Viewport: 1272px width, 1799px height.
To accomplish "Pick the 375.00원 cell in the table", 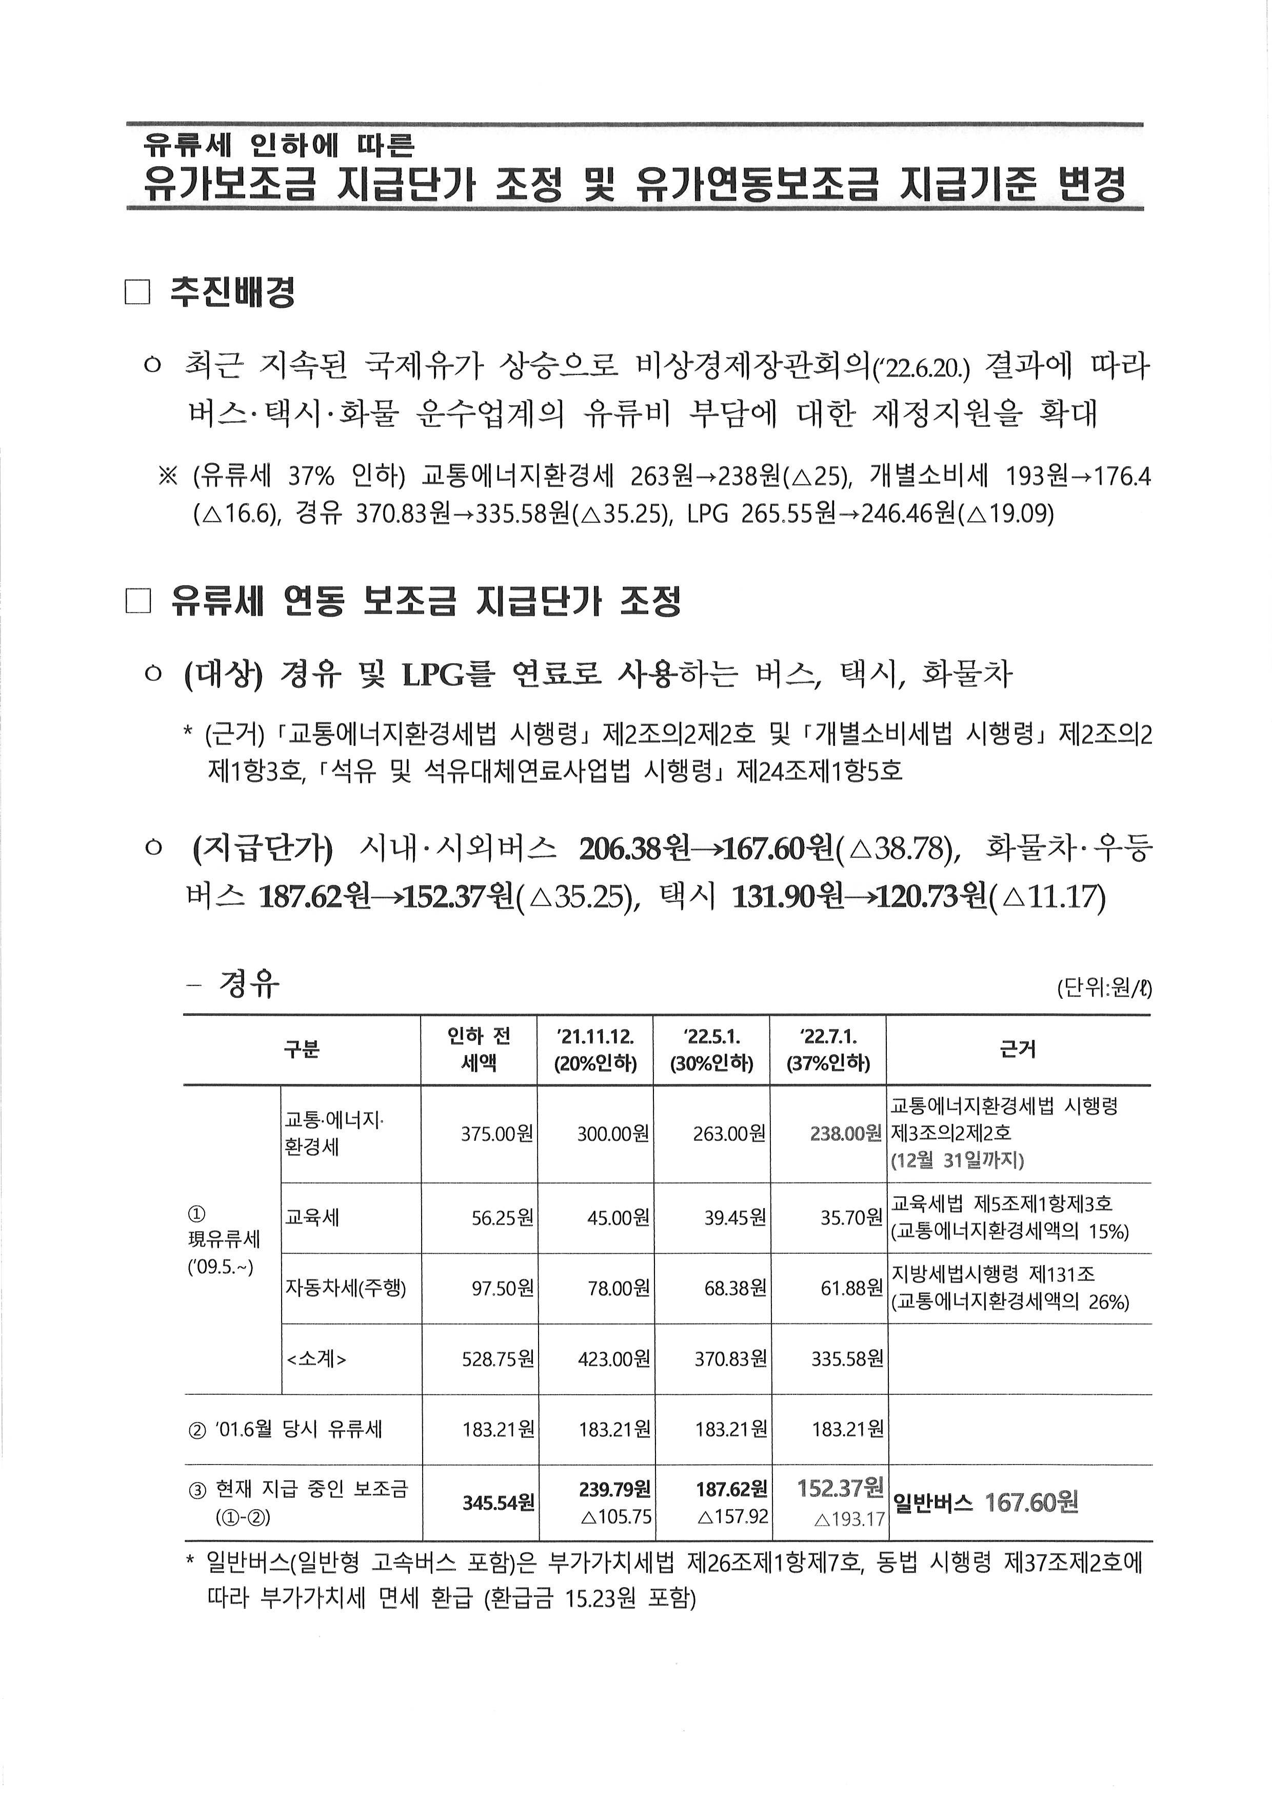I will (498, 1134).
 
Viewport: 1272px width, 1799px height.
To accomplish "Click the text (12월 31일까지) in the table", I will (957, 1160).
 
